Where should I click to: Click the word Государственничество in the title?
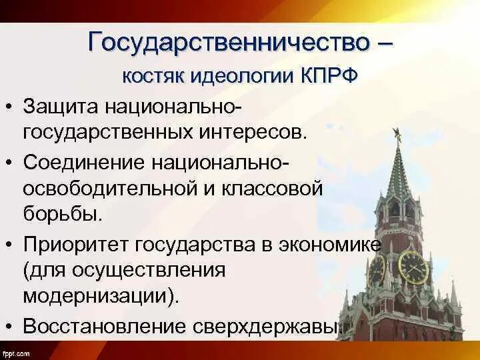227,43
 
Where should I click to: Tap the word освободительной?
109,189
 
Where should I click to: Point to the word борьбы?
63,215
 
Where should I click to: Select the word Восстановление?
106,327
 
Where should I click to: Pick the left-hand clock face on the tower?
377,271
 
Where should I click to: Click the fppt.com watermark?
15,353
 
